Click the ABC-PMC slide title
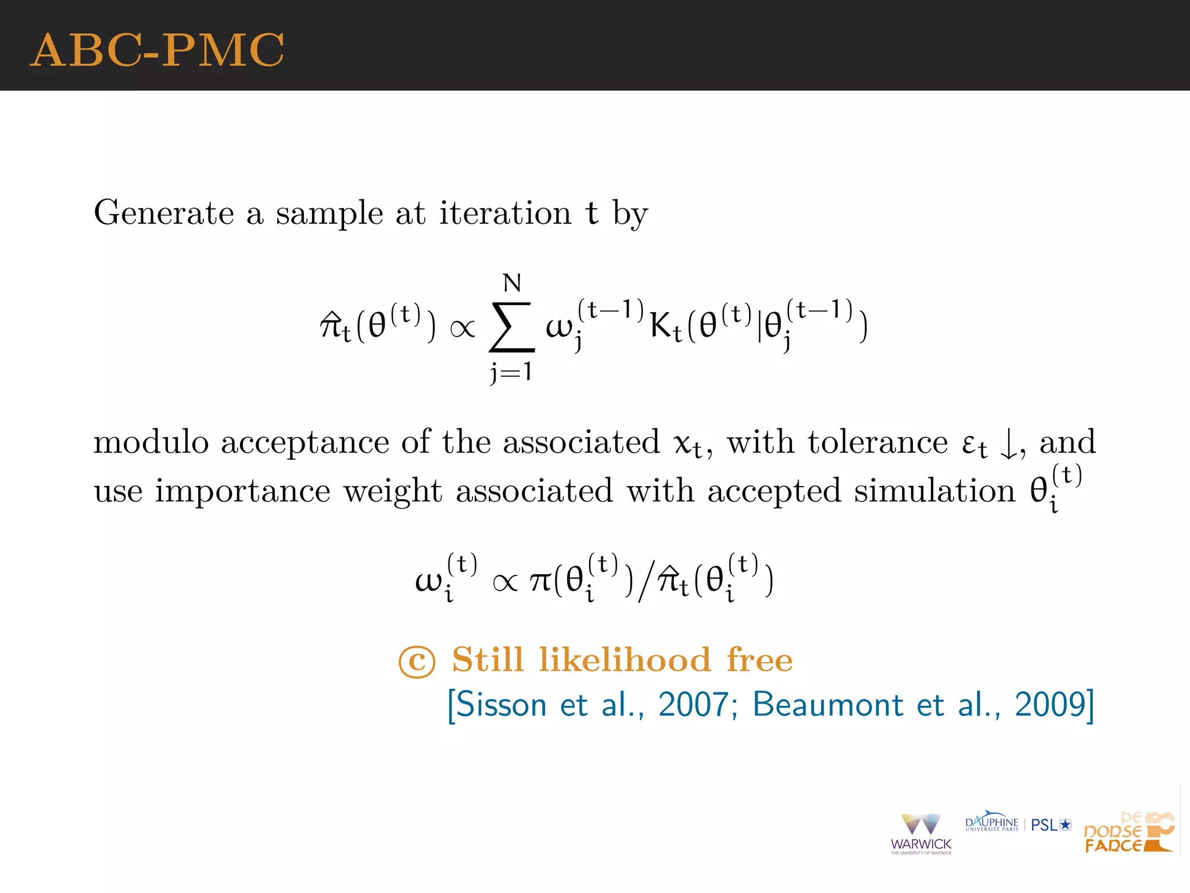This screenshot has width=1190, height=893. [x=157, y=50]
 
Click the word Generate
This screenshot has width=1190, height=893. [x=164, y=213]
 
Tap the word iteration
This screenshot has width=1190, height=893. [x=505, y=213]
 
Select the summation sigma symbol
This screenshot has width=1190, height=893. [x=511, y=327]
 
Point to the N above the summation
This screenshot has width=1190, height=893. [x=512, y=284]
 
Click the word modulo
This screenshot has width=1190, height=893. [x=151, y=442]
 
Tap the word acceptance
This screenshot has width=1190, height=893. [x=305, y=443]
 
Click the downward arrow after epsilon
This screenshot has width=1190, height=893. [x=1009, y=445]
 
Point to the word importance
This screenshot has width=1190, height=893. [x=242, y=491]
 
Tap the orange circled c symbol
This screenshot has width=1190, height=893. [x=417, y=662]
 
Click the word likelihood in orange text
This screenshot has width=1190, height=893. [x=625, y=660]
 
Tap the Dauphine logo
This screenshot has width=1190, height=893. [x=991, y=823]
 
